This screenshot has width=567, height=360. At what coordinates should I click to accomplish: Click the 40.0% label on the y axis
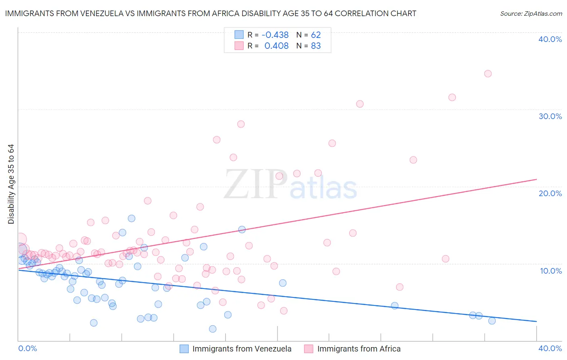(550, 39)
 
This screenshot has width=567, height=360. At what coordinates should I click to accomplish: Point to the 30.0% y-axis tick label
(550, 116)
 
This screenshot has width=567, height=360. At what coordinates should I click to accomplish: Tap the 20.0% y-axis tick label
(550, 193)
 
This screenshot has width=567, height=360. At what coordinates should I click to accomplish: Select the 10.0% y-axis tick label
(551, 271)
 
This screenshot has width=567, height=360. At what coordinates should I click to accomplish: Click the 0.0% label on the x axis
(28, 348)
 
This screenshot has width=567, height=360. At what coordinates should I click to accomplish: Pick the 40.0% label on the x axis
(550, 348)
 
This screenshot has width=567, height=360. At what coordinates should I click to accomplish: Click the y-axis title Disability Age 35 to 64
(11, 184)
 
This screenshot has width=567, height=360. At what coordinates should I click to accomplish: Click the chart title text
(211, 13)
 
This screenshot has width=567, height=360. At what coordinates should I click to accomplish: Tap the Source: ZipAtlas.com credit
(531, 13)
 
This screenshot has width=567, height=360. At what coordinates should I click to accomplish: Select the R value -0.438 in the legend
(275, 35)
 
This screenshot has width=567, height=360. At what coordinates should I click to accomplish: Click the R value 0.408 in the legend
(276, 46)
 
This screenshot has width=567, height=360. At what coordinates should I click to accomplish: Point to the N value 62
(316, 35)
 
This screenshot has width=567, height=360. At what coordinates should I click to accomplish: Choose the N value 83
(316, 46)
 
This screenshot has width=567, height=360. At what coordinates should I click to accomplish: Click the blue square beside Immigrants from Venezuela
(184, 349)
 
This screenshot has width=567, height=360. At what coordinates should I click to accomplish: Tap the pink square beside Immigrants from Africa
(309, 349)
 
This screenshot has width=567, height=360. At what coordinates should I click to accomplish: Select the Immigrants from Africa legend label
(359, 349)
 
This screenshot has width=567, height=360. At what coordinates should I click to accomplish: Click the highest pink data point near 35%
(488, 73)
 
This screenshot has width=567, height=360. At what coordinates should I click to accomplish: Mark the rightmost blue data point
(492, 321)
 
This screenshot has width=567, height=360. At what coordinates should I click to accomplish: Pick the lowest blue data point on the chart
(213, 329)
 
